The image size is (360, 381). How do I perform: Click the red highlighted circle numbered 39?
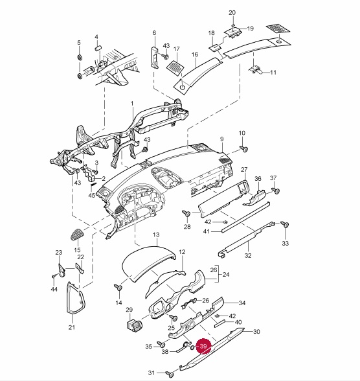(203, 346)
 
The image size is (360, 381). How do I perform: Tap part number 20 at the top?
(232, 13)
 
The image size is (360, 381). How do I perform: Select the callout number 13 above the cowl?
(156, 235)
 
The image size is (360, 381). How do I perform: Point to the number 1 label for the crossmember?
(132, 104)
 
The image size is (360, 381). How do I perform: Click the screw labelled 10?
(243, 148)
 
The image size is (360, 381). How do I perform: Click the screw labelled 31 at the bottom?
(169, 375)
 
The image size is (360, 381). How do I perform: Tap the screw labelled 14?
(118, 288)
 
